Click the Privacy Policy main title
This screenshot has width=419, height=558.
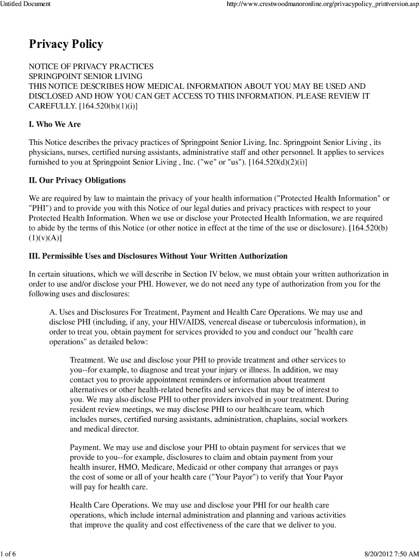click(66, 44)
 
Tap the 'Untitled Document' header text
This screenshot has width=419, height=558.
click(26, 4)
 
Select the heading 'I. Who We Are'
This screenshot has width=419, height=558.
click(54, 124)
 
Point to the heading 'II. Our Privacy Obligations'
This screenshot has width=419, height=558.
click(77, 180)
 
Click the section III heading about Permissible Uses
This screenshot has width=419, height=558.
click(158, 256)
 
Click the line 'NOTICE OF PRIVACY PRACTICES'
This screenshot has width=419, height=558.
click(91, 66)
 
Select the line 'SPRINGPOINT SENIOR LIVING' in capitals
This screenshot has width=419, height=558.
click(85, 76)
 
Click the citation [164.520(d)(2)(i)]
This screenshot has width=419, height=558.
click(278, 162)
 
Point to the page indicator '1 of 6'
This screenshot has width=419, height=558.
click(9, 554)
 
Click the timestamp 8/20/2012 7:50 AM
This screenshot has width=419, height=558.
click(389, 554)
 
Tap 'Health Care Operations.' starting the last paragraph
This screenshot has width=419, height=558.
click(110, 506)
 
